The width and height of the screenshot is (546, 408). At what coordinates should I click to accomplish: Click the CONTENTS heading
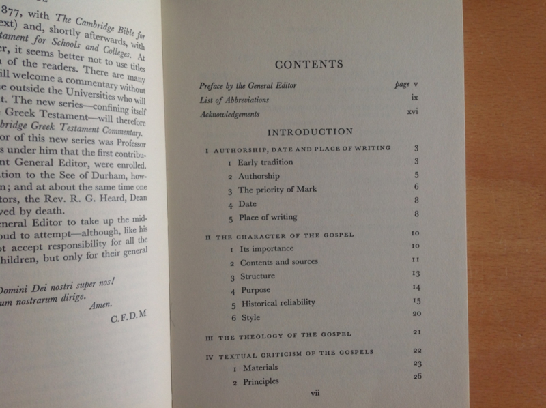[x=308, y=65]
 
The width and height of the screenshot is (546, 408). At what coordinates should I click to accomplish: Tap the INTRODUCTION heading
[x=310, y=132]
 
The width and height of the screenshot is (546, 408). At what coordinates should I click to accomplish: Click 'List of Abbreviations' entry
[x=230, y=100]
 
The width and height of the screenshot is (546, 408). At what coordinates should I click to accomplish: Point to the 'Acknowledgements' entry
[x=230, y=115]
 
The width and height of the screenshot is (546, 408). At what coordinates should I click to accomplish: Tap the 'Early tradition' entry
[x=261, y=162]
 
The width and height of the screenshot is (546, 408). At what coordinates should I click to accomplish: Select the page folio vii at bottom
[x=315, y=393]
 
